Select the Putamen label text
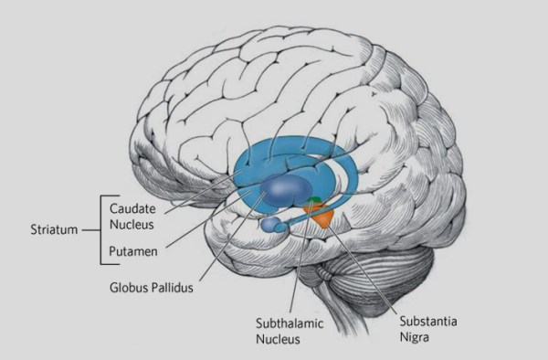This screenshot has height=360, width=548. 131,249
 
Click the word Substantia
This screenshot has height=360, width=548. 426,322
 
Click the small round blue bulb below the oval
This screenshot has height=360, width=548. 269,224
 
